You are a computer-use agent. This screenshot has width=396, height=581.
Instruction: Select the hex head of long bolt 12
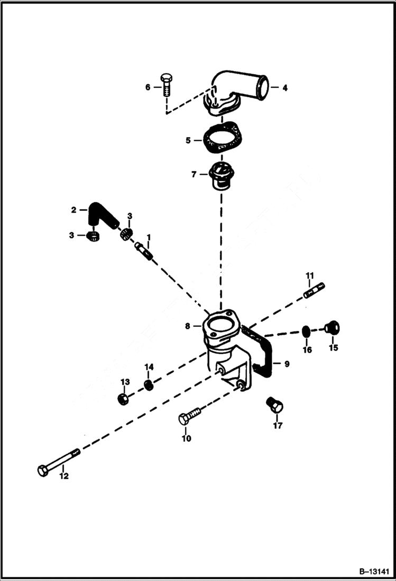(43, 470)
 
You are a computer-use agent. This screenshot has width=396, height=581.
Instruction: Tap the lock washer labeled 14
(150, 384)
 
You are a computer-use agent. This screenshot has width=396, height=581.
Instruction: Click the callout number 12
(63, 476)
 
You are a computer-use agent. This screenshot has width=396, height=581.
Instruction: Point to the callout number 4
(284, 88)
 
